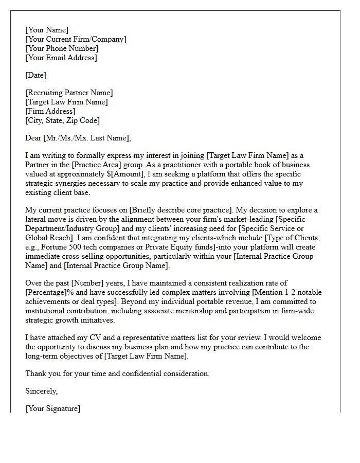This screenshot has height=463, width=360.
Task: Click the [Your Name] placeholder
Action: coord(47,30)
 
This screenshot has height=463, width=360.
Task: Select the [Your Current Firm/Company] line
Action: coord(76,39)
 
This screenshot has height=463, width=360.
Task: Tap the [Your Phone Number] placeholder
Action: coord(62,48)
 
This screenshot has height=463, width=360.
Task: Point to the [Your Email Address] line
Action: coord(61,58)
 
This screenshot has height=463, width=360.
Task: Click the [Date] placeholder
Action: coord(35,75)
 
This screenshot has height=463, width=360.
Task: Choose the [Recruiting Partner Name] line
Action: coord(69,93)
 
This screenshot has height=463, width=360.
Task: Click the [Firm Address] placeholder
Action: coord(50,111)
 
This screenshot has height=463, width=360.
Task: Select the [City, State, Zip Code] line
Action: coord(62,120)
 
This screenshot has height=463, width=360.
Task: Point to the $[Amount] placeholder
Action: coord(130,174)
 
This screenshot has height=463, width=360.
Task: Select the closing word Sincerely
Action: coord(42,391)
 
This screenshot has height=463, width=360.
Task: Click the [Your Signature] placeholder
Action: coord(52,408)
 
